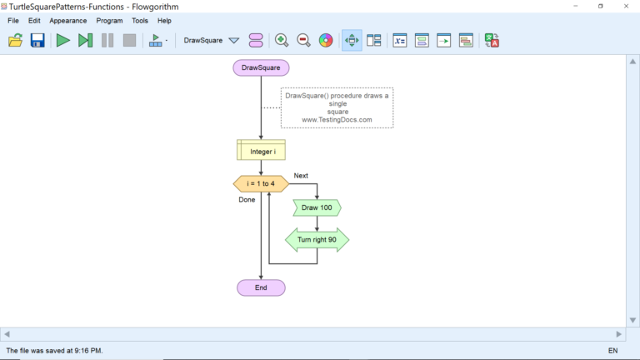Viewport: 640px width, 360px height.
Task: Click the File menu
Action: (x=13, y=20)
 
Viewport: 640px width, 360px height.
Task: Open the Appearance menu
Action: (x=67, y=20)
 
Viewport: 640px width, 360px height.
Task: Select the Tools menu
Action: (x=140, y=20)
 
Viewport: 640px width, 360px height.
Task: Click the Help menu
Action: (x=164, y=20)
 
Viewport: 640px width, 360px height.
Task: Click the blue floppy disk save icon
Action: (x=37, y=40)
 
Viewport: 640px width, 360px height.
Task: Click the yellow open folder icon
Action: (x=16, y=40)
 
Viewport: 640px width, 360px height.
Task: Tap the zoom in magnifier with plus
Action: (x=282, y=40)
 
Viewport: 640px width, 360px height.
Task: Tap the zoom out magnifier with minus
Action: (x=303, y=40)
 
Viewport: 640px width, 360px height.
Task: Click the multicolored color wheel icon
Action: (x=326, y=40)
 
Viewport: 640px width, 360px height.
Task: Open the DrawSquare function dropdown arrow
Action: (x=234, y=40)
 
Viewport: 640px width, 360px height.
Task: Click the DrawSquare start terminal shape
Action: (x=261, y=67)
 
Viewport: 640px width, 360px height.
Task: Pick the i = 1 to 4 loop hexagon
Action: (x=261, y=183)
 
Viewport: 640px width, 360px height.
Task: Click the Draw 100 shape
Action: (x=317, y=207)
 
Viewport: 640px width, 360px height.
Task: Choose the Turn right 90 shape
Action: (x=317, y=240)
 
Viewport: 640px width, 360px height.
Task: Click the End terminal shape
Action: (x=261, y=287)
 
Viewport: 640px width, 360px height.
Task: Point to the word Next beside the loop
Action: (x=301, y=176)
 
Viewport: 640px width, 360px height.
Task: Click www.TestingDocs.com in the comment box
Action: (x=337, y=120)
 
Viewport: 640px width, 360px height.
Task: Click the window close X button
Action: (x=626, y=6)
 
